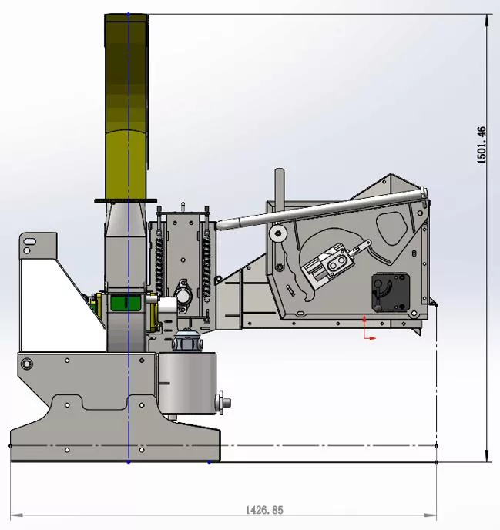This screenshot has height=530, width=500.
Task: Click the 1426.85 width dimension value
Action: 264,510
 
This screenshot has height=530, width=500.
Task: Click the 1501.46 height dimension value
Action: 482,146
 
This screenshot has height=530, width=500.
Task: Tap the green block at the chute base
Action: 126,303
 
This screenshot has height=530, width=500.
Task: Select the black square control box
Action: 391,292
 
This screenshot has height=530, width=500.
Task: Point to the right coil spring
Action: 206,267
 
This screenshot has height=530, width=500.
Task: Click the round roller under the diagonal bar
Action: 278,233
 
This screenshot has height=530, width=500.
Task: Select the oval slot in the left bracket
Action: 30,241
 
